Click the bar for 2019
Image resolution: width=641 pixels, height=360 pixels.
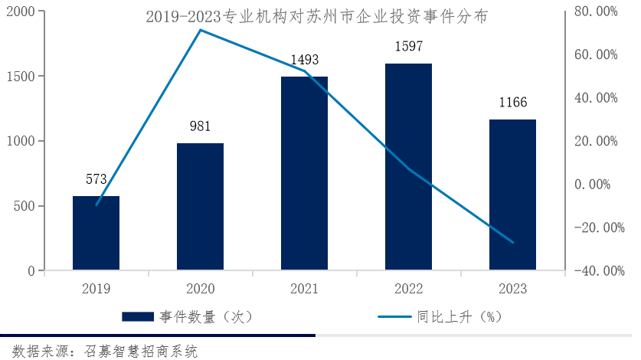[x=96, y=234]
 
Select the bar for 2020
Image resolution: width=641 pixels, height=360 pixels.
[x=200, y=207]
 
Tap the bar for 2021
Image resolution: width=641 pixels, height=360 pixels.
[x=304, y=174]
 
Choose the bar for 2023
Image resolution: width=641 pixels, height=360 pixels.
[x=512, y=195]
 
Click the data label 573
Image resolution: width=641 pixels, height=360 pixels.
[x=96, y=180]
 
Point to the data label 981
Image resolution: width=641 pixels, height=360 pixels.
[x=200, y=127]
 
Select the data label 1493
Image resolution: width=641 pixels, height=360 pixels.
[x=304, y=60]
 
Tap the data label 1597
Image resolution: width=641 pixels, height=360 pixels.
[x=408, y=47]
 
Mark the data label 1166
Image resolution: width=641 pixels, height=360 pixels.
[x=512, y=103]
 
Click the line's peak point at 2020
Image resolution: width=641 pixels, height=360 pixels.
[x=200, y=30]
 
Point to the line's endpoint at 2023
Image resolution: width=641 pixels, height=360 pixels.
[x=513, y=243]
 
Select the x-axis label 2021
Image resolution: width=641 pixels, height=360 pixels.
[x=304, y=289]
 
